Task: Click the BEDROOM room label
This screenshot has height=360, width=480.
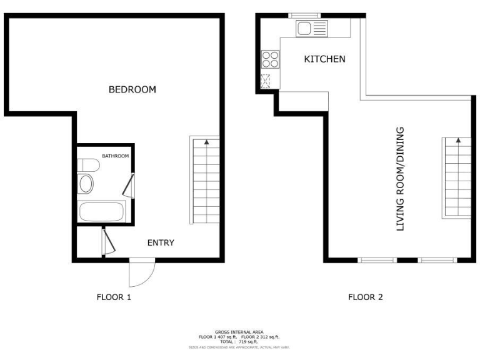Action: (132, 89)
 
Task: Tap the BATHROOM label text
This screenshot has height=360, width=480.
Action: (116, 156)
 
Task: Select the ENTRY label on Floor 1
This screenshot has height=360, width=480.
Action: (161, 242)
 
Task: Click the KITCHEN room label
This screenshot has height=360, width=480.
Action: (324, 59)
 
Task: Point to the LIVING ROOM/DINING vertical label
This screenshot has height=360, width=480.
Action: (401, 179)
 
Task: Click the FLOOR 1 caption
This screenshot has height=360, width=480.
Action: (114, 297)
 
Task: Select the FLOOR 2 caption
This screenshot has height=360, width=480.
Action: (365, 297)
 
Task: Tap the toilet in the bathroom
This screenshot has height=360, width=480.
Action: (88, 166)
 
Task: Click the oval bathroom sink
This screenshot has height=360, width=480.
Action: (86, 184)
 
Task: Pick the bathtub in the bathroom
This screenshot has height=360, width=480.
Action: (101, 211)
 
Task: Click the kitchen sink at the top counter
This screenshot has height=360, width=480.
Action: (311, 28)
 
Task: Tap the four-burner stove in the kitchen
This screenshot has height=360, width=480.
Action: (270, 59)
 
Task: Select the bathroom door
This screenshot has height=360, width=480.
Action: (130, 186)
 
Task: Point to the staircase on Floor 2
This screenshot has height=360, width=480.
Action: (457, 177)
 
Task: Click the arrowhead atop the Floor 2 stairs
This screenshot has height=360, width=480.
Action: (458, 141)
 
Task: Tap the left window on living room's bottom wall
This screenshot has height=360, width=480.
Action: (377, 259)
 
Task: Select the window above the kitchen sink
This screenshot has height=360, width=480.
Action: (304, 15)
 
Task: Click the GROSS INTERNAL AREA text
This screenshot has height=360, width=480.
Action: (239, 332)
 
